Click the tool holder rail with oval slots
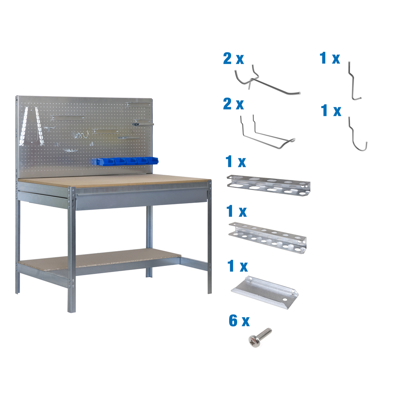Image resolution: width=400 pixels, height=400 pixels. pos(268,184)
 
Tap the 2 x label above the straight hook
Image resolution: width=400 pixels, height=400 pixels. pos(233,59)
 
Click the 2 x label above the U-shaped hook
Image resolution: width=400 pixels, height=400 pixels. pos(233,104)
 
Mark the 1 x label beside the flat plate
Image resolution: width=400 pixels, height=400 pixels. pos(237,266)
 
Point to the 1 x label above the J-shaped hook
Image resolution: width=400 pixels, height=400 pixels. pos(331,111)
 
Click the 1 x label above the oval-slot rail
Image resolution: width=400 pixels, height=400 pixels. pos(236,162)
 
